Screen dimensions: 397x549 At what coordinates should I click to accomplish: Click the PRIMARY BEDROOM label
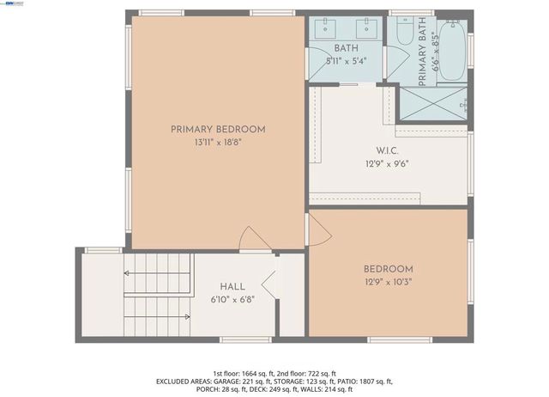pyautogui.click(x=218, y=129)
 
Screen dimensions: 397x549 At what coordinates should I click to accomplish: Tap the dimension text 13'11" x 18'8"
pyautogui.click(x=218, y=144)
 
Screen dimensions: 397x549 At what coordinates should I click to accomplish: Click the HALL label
pyautogui.click(x=232, y=286)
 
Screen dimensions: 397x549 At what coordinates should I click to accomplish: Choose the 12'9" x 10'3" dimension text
pyautogui.click(x=388, y=282)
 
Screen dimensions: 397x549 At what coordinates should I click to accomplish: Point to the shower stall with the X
pyautogui.click(x=433, y=105)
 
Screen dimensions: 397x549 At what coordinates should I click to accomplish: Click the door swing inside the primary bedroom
pyautogui.click(x=255, y=239)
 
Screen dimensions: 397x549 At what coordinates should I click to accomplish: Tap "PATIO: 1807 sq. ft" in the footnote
pyautogui.click(x=360, y=381)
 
